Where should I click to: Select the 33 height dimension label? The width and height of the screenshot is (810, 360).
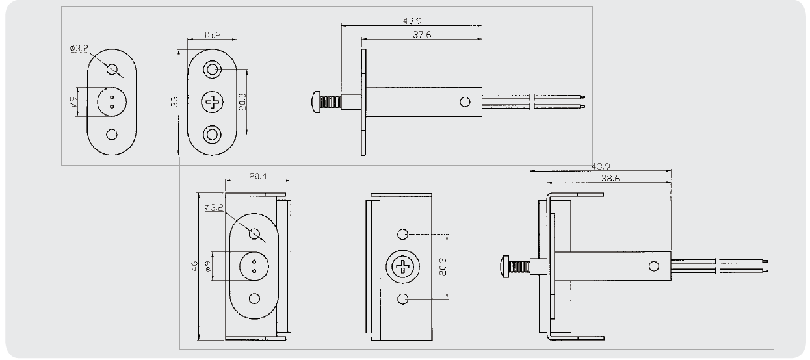pos(174,102)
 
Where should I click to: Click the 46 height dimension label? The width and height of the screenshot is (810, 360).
pos(194,266)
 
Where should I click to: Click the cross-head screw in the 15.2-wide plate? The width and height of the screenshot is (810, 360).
pos(212,101)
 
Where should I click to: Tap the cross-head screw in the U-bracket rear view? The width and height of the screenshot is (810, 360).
pos(404,266)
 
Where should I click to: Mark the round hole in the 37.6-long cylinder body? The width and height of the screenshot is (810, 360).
pos(465,102)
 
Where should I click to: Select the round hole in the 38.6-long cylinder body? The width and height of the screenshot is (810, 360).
pos(654,266)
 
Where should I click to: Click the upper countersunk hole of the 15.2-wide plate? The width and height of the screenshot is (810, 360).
pos(212,69)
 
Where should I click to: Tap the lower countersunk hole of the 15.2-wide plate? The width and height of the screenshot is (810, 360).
pos(212,135)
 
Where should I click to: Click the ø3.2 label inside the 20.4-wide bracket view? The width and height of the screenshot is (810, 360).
pos(215,207)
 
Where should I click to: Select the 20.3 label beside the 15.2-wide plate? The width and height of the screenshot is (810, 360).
pos(242,102)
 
